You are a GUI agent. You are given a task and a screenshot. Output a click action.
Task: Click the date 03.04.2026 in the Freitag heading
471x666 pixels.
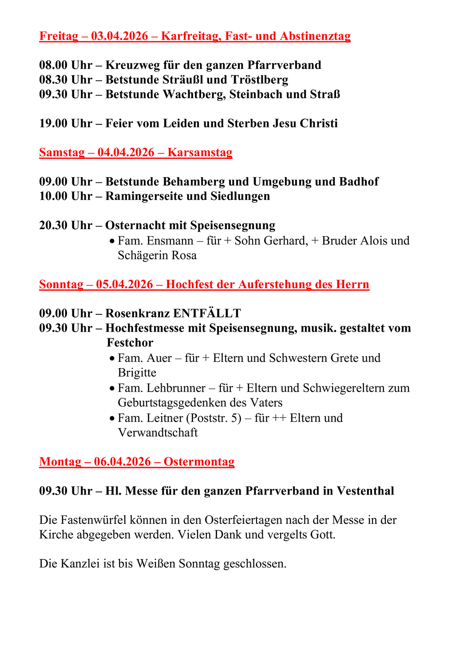point(119,36)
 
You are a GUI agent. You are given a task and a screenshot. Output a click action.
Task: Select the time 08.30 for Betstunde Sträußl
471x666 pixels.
point(53,80)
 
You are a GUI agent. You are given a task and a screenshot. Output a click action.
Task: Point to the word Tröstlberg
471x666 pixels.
point(260,80)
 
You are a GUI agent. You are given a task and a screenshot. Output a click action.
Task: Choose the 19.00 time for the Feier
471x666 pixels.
point(53,123)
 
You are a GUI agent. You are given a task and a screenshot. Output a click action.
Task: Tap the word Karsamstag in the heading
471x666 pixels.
point(200,153)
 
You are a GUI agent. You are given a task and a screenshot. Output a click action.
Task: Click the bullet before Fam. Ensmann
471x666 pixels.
point(112,241)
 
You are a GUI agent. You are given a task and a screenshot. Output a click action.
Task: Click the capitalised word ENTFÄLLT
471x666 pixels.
point(207,313)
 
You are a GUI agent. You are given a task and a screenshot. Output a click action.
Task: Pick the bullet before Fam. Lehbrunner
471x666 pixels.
point(112,388)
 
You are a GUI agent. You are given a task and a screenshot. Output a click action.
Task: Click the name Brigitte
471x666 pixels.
point(137,373)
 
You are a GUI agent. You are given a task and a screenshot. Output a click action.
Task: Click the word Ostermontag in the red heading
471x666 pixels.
point(199,462)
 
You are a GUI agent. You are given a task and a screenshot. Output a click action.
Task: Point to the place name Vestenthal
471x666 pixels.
point(365,491)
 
